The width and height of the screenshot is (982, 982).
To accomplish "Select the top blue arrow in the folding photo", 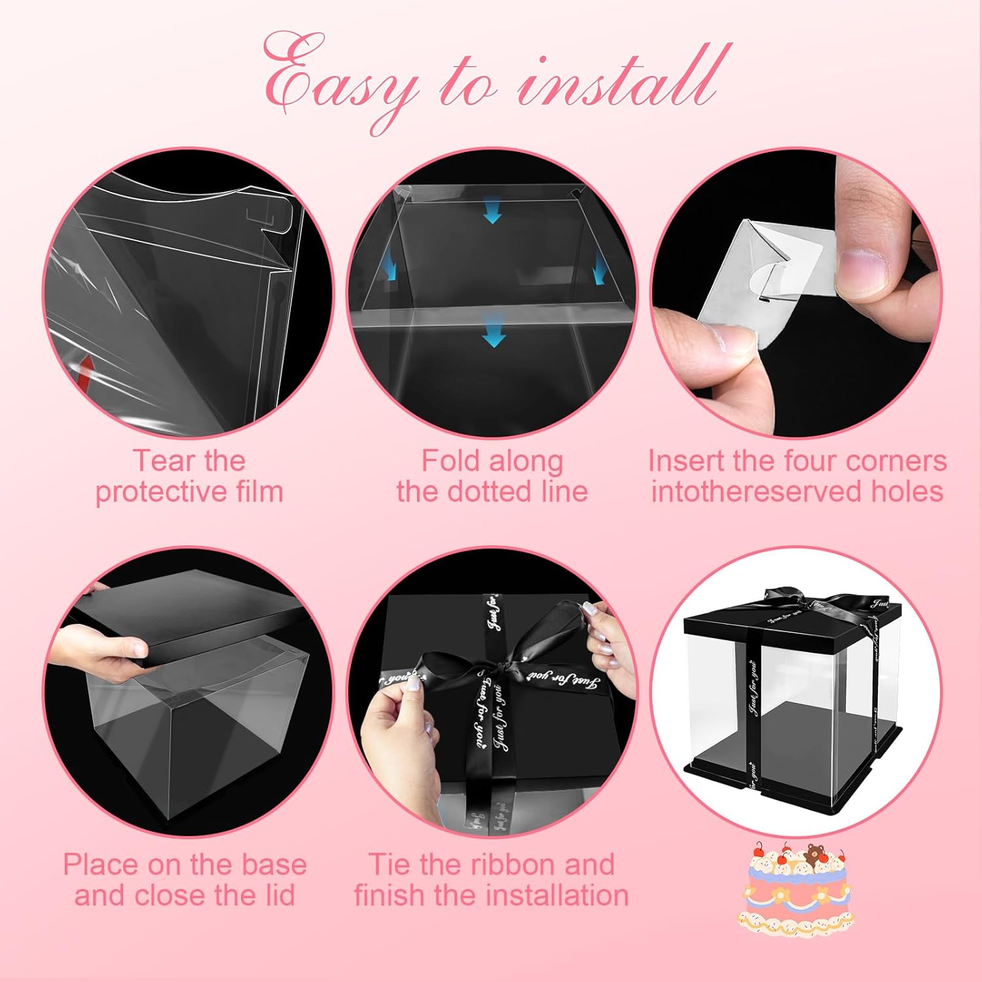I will tap(492, 212).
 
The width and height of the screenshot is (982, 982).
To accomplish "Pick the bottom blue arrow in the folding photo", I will tap(494, 335).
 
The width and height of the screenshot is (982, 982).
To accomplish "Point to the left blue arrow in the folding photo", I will tap(391, 269).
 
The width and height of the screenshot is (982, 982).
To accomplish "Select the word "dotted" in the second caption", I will tap(497, 491).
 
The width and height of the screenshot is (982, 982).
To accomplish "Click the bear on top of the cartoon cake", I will tap(816, 854).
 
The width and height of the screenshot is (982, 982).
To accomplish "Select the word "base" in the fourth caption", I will tap(274, 864).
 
